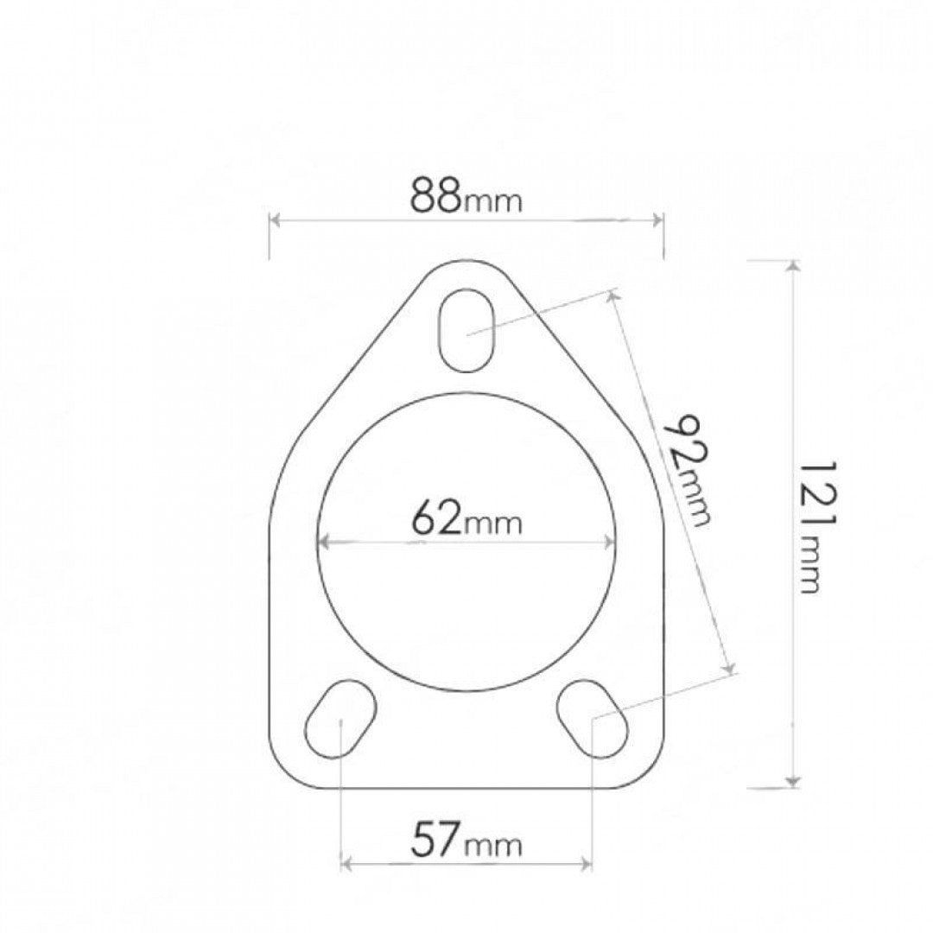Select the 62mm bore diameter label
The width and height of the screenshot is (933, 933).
coord(466,520)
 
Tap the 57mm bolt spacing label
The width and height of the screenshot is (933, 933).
coord(466,840)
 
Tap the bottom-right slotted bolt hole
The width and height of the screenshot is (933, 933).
coord(592,718)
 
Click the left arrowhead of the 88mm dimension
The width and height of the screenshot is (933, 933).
coord(276,219)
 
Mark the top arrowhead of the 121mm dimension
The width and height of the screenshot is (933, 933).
coord(792,265)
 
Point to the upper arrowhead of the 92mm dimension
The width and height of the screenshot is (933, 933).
coord(614,296)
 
